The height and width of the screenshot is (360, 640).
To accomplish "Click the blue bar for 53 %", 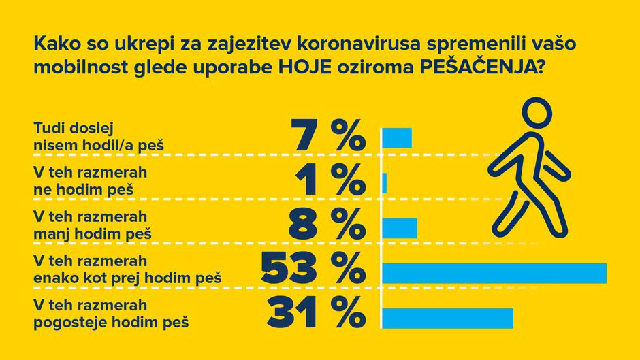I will point(494,272).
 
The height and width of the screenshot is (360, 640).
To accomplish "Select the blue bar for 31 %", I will point(447,318).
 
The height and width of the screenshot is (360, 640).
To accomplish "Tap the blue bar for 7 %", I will point(397,137).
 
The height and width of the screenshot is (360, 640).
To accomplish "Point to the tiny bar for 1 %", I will point(385,182).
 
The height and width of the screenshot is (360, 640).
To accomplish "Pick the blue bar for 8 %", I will point(400,228).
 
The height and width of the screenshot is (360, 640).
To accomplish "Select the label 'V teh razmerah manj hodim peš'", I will point(92,225).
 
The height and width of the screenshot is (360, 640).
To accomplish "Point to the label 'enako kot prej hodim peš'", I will point(127,278).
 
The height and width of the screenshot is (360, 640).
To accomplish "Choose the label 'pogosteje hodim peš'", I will point(111,321).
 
